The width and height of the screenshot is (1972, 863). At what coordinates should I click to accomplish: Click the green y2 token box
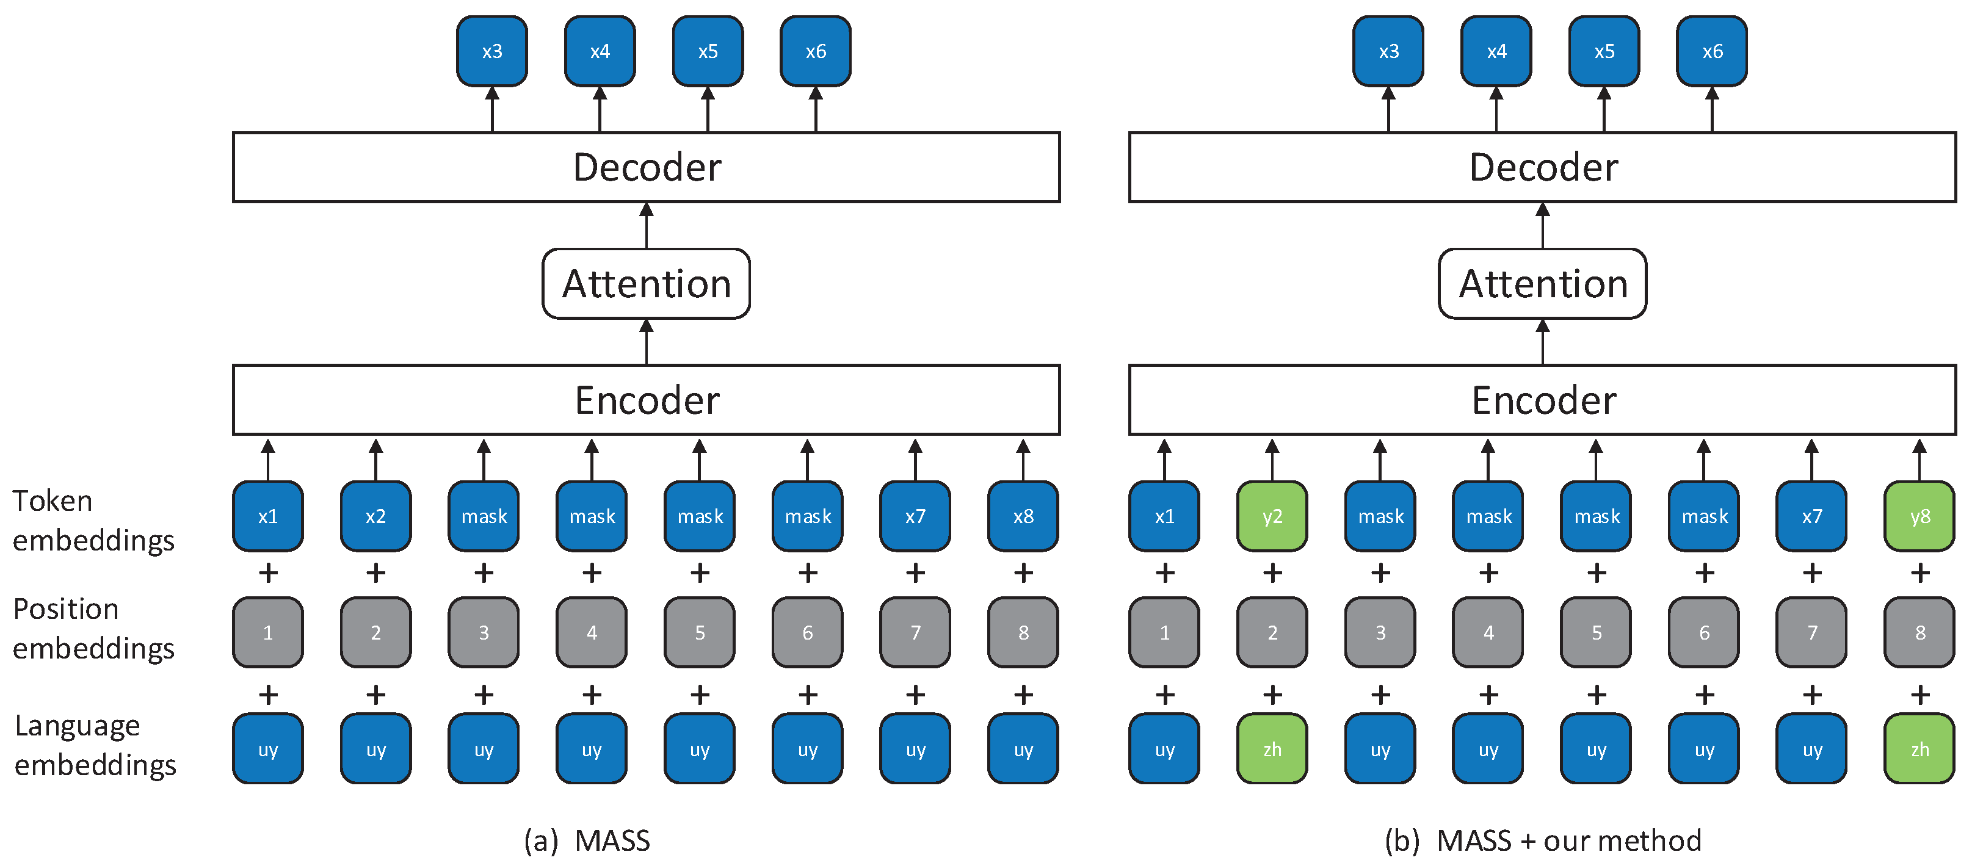[x=1272, y=516]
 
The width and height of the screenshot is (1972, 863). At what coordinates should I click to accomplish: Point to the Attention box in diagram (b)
[x=1543, y=284]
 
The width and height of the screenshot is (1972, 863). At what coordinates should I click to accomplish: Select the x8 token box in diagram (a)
[x=1023, y=516]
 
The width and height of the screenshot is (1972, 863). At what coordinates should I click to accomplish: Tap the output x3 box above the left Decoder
[x=491, y=51]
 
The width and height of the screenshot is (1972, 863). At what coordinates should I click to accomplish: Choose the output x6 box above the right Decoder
[x=1712, y=51]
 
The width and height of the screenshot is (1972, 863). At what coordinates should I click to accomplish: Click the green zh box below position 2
[x=1272, y=749]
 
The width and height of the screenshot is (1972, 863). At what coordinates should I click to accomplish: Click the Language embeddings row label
[x=95, y=745]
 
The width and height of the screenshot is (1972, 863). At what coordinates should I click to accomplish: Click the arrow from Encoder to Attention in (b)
[x=1543, y=342]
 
